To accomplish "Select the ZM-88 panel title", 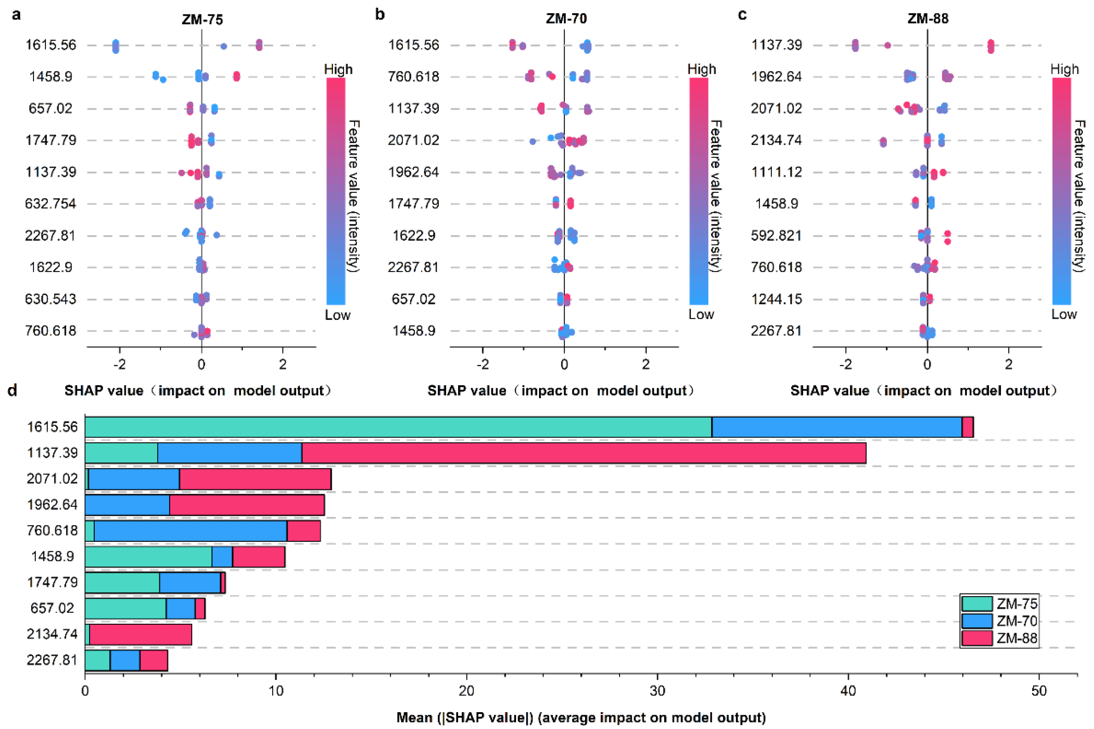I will (928, 19).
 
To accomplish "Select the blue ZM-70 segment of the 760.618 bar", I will (190, 531).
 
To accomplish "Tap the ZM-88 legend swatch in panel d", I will (977, 638).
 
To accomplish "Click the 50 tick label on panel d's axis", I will (1039, 691).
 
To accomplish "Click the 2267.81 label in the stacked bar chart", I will (52, 660).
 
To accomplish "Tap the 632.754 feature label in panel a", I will (50, 204).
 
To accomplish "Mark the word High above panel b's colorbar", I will (702, 69).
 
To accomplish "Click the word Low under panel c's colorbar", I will (1064, 315).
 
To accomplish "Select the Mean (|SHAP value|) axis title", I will (581, 718).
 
